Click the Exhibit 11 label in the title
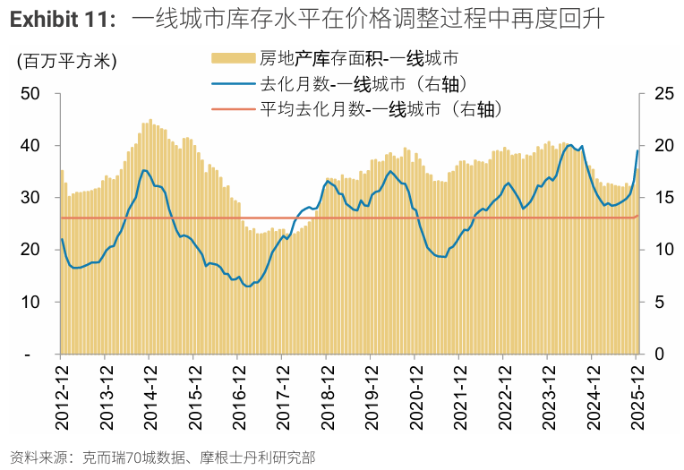click(x=63, y=19)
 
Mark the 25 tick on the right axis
click(x=663, y=93)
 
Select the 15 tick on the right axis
click(x=663, y=197)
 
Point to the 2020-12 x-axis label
click(x=415, y=398)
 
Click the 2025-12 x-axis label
click(x=636, y=398)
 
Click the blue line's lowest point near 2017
click(x=248, y=286)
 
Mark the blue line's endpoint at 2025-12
click(x=637, y=150)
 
